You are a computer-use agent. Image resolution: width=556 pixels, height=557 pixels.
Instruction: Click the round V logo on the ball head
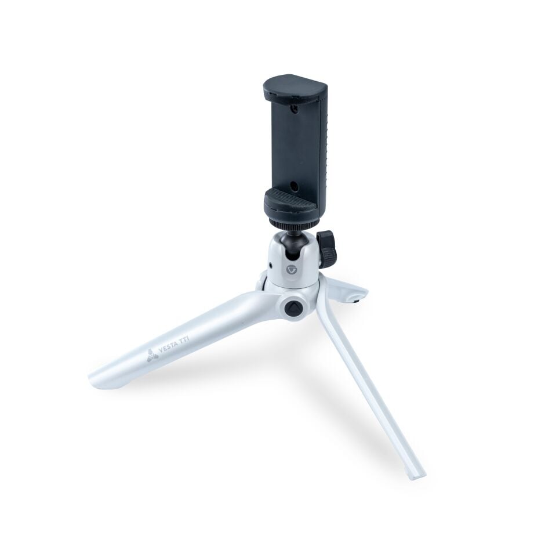(290, 270)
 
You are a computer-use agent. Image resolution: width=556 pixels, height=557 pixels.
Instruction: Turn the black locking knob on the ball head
(326, 248)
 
